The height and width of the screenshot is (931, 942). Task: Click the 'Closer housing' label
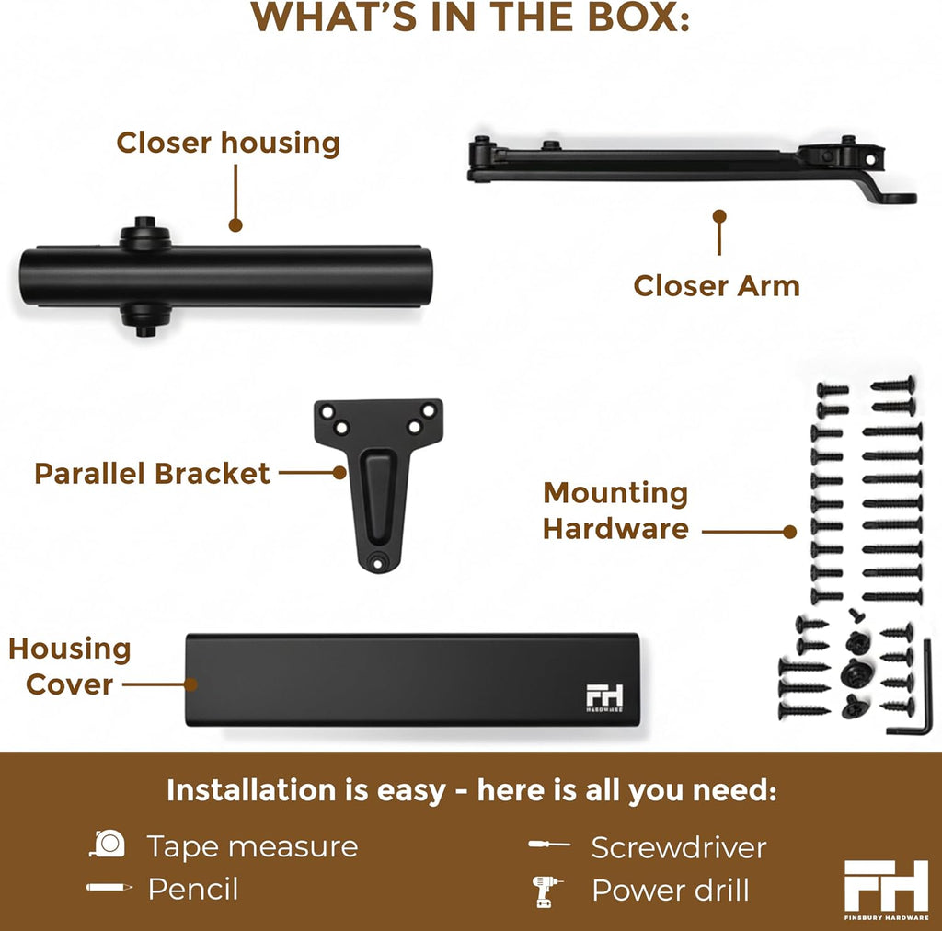tap(228, 143)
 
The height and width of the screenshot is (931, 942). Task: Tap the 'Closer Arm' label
tap(716, 286)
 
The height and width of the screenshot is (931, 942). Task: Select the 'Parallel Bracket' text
tap(152, 473)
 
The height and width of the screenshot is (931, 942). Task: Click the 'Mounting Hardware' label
tap(615, 511)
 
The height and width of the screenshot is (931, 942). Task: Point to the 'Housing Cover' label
tap(70, 667)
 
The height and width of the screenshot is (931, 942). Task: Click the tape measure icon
tap(108, 844)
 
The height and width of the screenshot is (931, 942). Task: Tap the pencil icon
tap(109, 887)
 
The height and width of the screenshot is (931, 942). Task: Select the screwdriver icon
tap(549, 845)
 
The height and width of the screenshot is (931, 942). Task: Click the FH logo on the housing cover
tap(604, 698)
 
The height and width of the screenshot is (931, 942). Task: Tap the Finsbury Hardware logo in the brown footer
tap(886, 890)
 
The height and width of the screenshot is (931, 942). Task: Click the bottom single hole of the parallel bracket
tap(377, 563)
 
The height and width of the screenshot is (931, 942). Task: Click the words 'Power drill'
tap(671, 891)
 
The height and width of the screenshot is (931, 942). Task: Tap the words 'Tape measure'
tap(252, 846)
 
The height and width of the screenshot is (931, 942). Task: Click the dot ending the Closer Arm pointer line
tap(719, 216)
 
